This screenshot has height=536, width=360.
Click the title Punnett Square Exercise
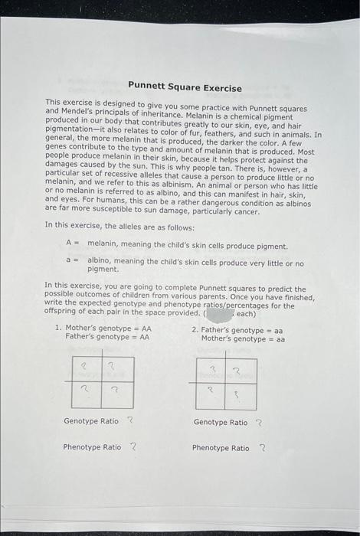[184, 88]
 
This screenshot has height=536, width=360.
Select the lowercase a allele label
[69, 263]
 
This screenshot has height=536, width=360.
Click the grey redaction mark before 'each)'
[220, 313]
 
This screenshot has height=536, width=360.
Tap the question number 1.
[58, 328]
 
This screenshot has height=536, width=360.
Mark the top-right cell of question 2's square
[237, 371]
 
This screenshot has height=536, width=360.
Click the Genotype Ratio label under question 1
[91, 421]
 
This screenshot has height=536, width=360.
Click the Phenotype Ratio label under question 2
[221, 448]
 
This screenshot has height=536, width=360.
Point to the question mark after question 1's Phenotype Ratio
[133, 446]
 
